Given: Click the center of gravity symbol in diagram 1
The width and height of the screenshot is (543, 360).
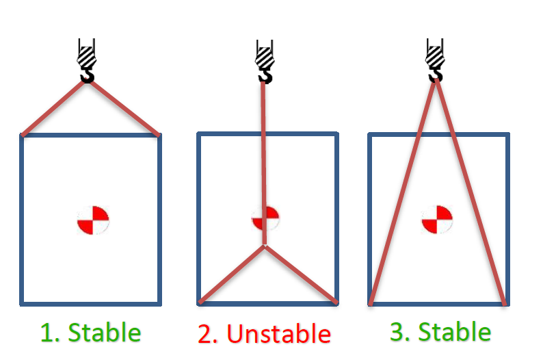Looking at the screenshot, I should (x=93, y=220).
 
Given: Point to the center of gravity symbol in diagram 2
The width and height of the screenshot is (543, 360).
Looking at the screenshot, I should (x=266, y=219).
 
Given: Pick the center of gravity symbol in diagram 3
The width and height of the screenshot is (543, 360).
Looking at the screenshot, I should (x=437, y=220).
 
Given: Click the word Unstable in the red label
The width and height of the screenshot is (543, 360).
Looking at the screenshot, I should (x=278, y=334).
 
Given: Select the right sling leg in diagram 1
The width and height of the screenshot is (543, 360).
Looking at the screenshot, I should (x=126, y=108).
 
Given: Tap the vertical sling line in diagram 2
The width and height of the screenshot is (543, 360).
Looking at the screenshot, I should (x=263, y=151).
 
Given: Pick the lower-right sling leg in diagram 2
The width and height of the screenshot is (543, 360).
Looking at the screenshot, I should (x=300, y=274).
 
